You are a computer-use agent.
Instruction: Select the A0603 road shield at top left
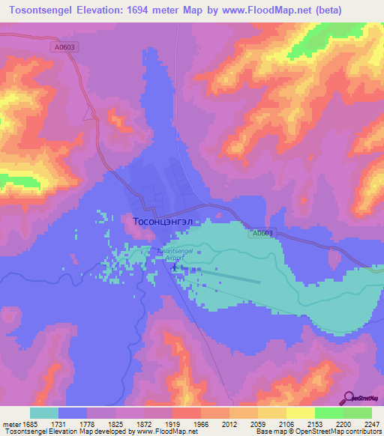65,46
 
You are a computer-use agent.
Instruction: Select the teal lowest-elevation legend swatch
43,413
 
